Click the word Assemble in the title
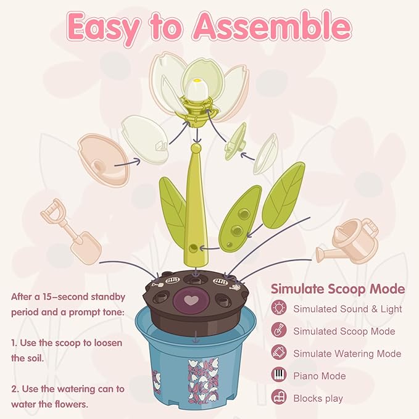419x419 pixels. click(272, 27)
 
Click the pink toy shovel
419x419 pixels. click(71, 231)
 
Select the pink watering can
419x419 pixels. click(348, 241)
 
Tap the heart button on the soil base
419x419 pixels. click(191, 301)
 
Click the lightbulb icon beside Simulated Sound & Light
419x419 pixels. click(279, 308)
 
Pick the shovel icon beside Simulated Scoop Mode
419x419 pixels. click(279, 330)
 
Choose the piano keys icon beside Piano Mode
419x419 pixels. click(279, 375)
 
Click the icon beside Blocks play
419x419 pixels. click(279, 397)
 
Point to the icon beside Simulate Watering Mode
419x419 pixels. click(279, 352)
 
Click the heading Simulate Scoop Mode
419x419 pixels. click(338, 289)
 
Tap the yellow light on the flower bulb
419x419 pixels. click(197, 80)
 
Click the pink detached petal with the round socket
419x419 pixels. click(103, 160)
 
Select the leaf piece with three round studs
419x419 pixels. click(239, 219)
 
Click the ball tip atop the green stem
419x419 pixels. click(197, 147)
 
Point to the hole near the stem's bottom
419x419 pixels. click(193, 248)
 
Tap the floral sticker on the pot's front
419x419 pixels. click(204, 381)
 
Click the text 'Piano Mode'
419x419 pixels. click(320, 376)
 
